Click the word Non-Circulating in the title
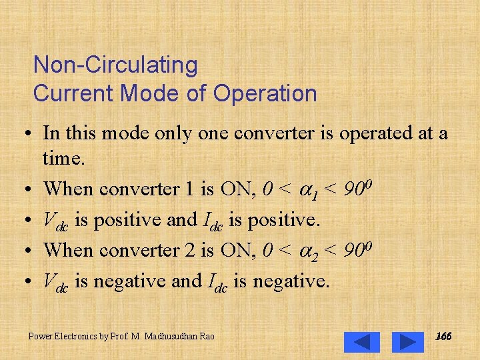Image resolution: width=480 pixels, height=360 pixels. click(115, 65)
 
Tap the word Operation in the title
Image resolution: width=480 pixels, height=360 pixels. click(265, 93)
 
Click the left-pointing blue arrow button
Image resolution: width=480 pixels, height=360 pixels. click(362, 342)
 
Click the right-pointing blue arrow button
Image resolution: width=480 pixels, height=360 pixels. click(407, 342)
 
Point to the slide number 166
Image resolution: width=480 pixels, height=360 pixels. click(443, 337)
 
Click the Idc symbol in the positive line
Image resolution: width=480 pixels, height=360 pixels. click(214, 221)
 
